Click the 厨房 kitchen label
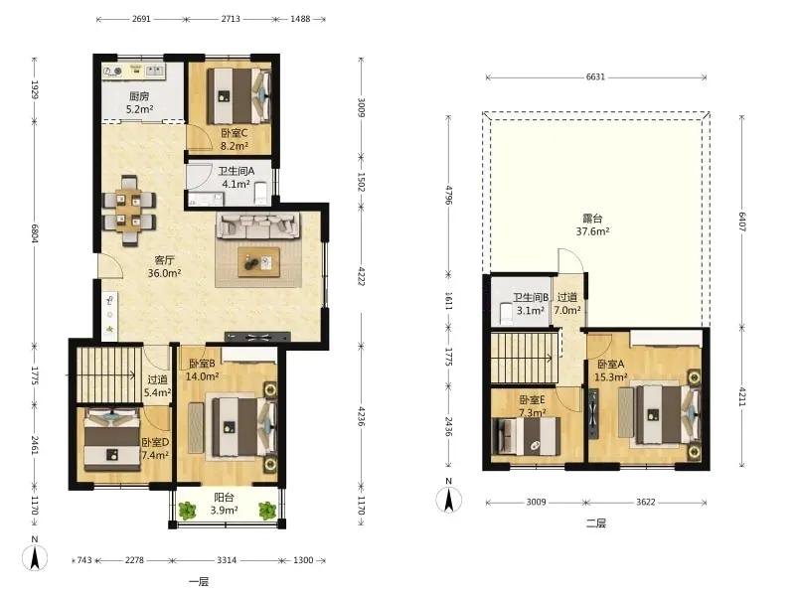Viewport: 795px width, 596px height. [139, 96]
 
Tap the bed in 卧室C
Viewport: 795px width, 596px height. [238, 95]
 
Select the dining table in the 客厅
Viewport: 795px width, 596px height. [129, 211]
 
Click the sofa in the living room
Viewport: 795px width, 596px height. [257, 226]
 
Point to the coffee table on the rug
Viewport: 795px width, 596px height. [258, 262]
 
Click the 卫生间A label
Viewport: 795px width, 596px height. [237, 171]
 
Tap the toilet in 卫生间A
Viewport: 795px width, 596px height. [260, 193]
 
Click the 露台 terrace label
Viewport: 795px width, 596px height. [592, 219]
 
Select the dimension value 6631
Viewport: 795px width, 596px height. [595, 77]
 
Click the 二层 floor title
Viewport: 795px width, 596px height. [595, 523]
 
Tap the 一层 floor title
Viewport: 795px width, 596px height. [198, 581]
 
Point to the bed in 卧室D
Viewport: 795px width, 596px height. [112, 439]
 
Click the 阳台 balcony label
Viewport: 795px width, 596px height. [224, 498]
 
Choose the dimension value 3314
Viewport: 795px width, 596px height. [227, 560]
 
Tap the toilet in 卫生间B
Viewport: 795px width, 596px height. [507, 313]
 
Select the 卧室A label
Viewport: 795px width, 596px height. [610, 365]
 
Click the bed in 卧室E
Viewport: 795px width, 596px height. [527, 436]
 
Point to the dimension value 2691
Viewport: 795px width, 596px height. [141, 19]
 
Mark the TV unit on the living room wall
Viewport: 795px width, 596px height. [257, 337]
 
